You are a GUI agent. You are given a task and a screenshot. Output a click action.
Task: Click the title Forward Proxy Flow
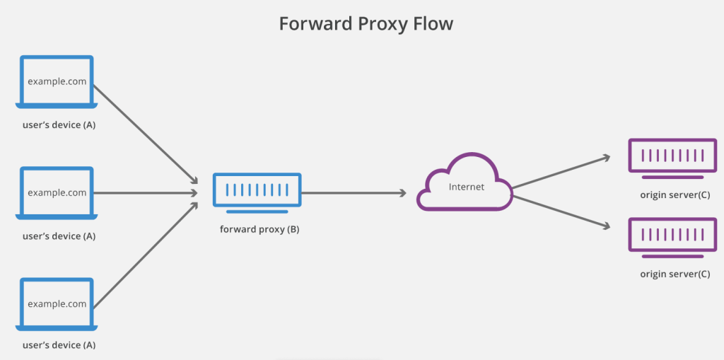[366, 24]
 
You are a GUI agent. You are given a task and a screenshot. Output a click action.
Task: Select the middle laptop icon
[57, 192]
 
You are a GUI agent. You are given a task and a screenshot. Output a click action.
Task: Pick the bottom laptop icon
[57, 304]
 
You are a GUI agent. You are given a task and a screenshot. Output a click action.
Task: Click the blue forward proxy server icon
[257, 192]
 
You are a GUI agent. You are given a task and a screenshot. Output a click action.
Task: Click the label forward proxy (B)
[259, 229]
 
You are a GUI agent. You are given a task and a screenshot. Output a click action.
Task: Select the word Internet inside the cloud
[467, 187]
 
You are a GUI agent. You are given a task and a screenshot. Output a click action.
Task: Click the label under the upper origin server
[675, 195]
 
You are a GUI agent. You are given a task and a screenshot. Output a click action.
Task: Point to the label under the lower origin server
[675, 274]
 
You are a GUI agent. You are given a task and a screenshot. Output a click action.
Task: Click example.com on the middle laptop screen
[57, 192]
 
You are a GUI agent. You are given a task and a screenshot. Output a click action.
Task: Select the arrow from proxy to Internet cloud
[354, 192]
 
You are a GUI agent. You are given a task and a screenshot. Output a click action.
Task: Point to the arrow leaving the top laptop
[145, 134]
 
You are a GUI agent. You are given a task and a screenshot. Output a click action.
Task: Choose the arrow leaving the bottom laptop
[145, 256]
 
